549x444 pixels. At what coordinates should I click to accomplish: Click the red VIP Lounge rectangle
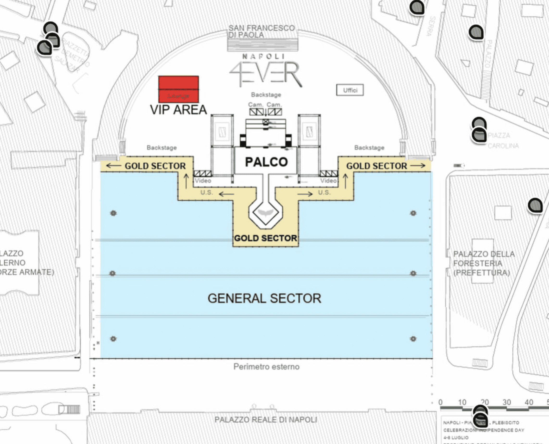(178, 89)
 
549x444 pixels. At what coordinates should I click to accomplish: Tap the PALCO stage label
(266, 162)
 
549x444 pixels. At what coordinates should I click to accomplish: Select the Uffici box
(350, 90)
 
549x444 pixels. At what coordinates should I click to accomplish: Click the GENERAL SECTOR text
(264, 298)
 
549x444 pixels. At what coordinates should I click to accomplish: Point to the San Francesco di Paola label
(262, 31)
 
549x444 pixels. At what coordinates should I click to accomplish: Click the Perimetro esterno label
(266, 367)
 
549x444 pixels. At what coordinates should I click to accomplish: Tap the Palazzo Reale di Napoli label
(266, 420)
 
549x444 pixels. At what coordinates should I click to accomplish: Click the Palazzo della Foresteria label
(484, 263)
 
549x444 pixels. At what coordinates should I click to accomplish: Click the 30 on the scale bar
(506, 402)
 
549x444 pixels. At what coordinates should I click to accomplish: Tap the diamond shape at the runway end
(266, 213)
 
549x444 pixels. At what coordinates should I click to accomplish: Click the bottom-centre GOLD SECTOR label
(266, 238)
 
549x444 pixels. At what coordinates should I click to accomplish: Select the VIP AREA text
(178, 110)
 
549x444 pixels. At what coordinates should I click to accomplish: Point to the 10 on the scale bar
(462, 402)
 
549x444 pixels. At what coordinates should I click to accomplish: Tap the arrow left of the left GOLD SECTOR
(113, 166)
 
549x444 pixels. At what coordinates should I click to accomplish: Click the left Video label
(203, 181)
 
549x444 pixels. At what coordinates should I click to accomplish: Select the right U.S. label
(324, 192)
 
